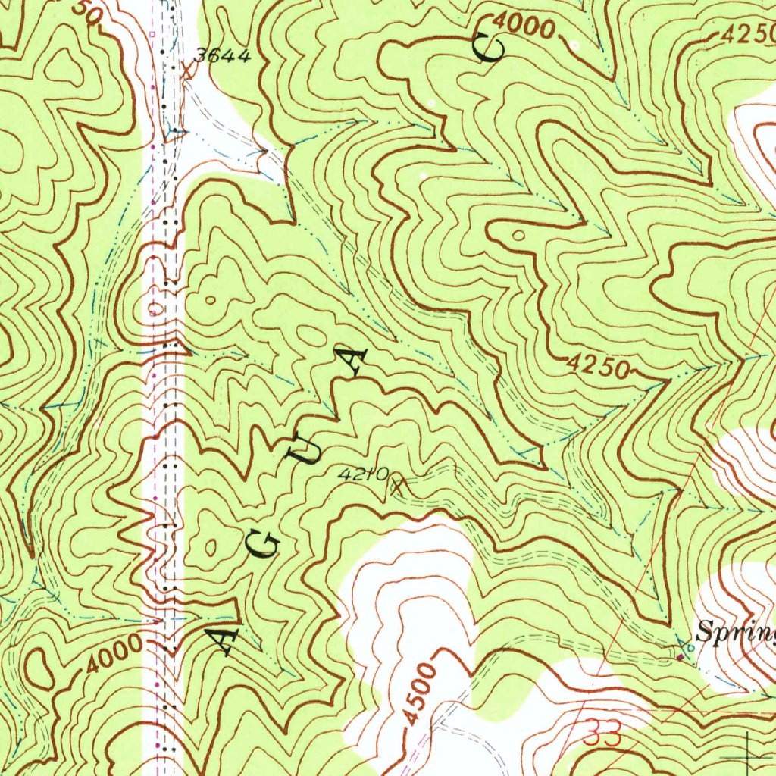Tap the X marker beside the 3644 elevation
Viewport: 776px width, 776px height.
pos(189,70)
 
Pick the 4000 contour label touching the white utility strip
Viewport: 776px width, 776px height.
pos(113,654)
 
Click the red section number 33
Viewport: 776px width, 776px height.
pos(603,733)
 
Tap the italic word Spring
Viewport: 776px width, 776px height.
pos(735,630)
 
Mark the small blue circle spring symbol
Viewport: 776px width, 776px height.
pos(690,648)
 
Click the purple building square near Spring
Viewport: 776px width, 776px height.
pos(680,657)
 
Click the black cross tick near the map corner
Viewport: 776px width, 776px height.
pos(746,756)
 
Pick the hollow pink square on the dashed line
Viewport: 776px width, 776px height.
pos(152,34)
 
